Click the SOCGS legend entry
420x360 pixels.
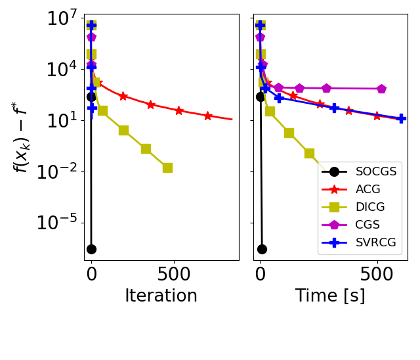(x=375, y=171)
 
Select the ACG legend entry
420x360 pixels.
(x=367, y=189)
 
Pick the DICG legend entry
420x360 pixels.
(x=370, y=207)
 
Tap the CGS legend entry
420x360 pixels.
(x=367, y=225)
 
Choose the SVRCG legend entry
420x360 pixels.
(x=375, y=242)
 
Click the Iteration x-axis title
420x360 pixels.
(x=161, y=296)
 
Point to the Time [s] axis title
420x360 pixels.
(x=330, y=296)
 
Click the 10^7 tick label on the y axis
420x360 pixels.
(x=62, y=18)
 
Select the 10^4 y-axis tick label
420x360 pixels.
(x=62, y=70)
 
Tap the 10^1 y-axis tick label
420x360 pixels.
(x=62, y=121)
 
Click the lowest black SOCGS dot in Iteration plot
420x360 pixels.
(x=91, y=249)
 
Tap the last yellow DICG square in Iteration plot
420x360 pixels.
(x=167, y=168)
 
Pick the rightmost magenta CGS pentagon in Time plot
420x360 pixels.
(x=381, y=89)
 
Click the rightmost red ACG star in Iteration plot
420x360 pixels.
(x=207, y=116)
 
